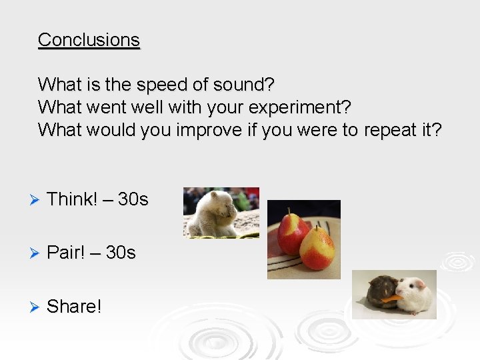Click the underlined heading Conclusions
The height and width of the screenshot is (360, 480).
pos(89,40)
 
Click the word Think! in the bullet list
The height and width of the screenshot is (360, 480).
pos(73,199)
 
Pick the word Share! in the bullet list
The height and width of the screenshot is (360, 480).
pos(74,307)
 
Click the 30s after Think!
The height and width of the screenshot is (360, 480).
pos(133,199)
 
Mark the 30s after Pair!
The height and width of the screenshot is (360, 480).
pos(121,253)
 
